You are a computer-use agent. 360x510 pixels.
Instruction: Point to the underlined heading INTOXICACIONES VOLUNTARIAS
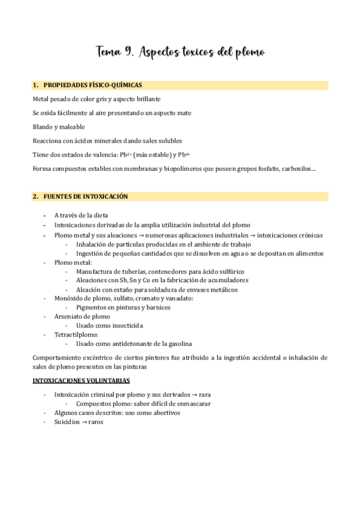tap(81, 381)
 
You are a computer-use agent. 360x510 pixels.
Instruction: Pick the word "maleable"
tap(72, 127)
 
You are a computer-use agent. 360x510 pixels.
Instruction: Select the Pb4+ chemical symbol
tap(183, 155)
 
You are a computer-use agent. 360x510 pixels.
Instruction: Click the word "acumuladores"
tap(222, 280)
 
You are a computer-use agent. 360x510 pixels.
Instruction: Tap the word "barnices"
tap(157, 307)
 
